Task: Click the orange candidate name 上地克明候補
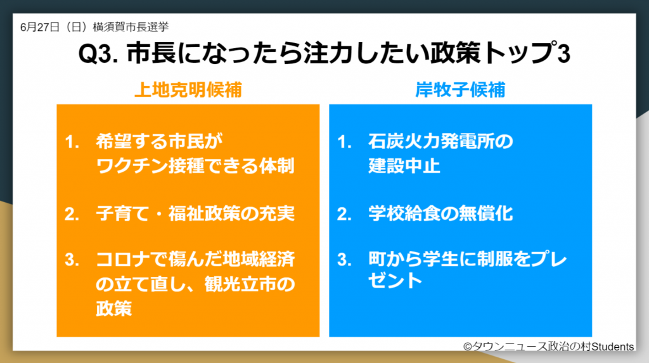click(x=188, y=90)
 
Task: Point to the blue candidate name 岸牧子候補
click(x=460, y=90)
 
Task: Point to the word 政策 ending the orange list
click(x=114, y=309)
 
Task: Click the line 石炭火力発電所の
click(x=440, y=142)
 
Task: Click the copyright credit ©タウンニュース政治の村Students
click(x=548, y=347)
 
